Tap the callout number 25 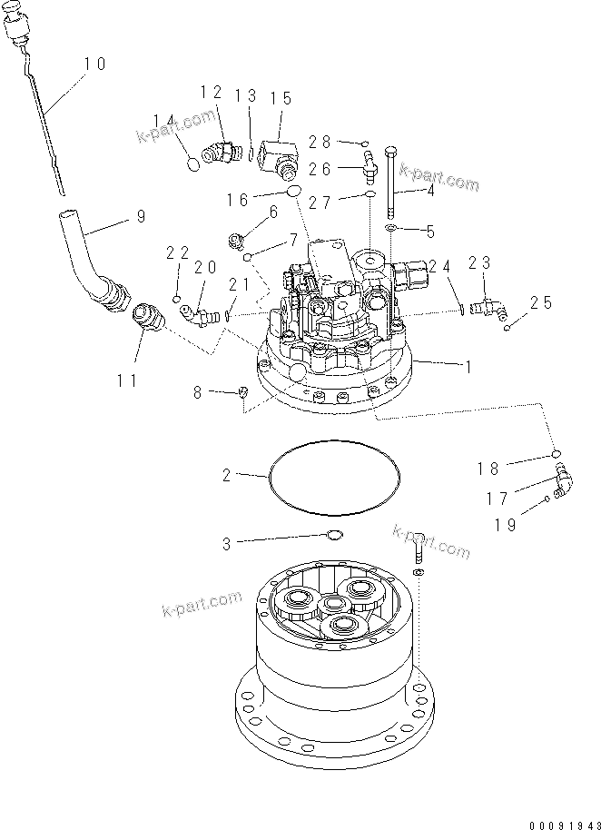[x=541, y=302]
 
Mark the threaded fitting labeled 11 [x=145, y=320]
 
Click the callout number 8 [x=198, y=391]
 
